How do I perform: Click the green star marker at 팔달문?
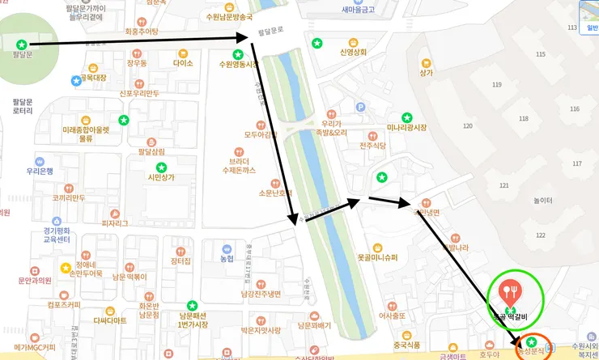(x=21, y=44)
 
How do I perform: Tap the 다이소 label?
(x=183, y=62)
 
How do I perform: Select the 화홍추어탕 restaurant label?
(x=142, y=32)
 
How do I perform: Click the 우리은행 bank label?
(x=40, y=171)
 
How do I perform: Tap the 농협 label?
(x=227, y=259)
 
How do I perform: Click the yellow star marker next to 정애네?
(x=65, y=268)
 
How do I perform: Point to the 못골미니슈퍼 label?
(x=377, y=257)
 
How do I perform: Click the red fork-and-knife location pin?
(x=509, y=290)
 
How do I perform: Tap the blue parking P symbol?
(x=361, y=105)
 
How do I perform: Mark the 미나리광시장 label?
(x=406, y=127)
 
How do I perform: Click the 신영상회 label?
(x=353, y=53)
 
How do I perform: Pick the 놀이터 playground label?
(x=543, y=201)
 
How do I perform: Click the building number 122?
(x=541, y=235)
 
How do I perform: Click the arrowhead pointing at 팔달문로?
(x=249, y=36)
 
